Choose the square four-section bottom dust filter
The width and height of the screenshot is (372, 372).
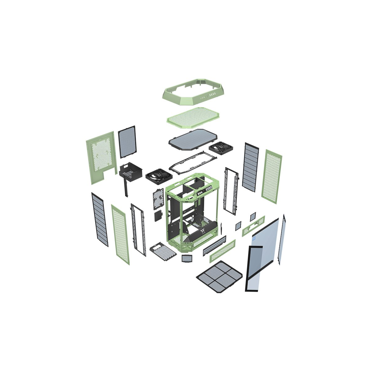(220, 277)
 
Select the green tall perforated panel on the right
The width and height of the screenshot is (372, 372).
(272, 175)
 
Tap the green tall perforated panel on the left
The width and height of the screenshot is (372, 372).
(120, 234)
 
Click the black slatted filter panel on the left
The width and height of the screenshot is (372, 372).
(100, 219)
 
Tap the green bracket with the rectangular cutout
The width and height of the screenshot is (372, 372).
(254, 226)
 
